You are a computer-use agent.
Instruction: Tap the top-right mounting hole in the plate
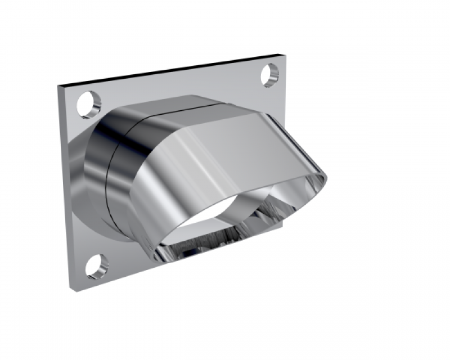coord(271,75)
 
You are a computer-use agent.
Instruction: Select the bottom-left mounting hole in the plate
coord(96,265)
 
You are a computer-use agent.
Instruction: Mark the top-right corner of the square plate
coord(279,55)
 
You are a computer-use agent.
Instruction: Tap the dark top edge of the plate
coord(169,71)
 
